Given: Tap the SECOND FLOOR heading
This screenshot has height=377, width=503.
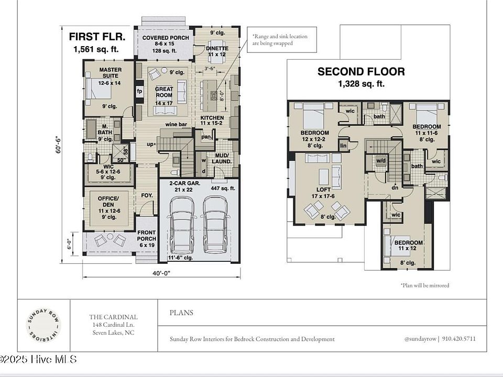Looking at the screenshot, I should (x=361, y=72).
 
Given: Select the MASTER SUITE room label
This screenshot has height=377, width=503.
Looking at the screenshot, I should (x=110, y=73).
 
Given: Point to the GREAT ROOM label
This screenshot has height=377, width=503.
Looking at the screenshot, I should (x=164, y=93).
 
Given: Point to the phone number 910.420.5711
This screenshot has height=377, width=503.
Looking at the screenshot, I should (x=459, y=339).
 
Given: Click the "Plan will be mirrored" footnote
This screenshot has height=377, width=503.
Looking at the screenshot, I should (x=425, y=285).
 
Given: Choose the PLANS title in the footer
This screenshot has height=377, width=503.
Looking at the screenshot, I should (x=181, y=313).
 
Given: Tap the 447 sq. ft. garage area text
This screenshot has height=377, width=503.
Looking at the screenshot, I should (x=223, y=188).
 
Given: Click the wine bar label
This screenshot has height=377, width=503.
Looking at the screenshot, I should (x=176, y=125).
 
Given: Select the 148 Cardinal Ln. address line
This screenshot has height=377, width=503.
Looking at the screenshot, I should (x=113, y=326).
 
